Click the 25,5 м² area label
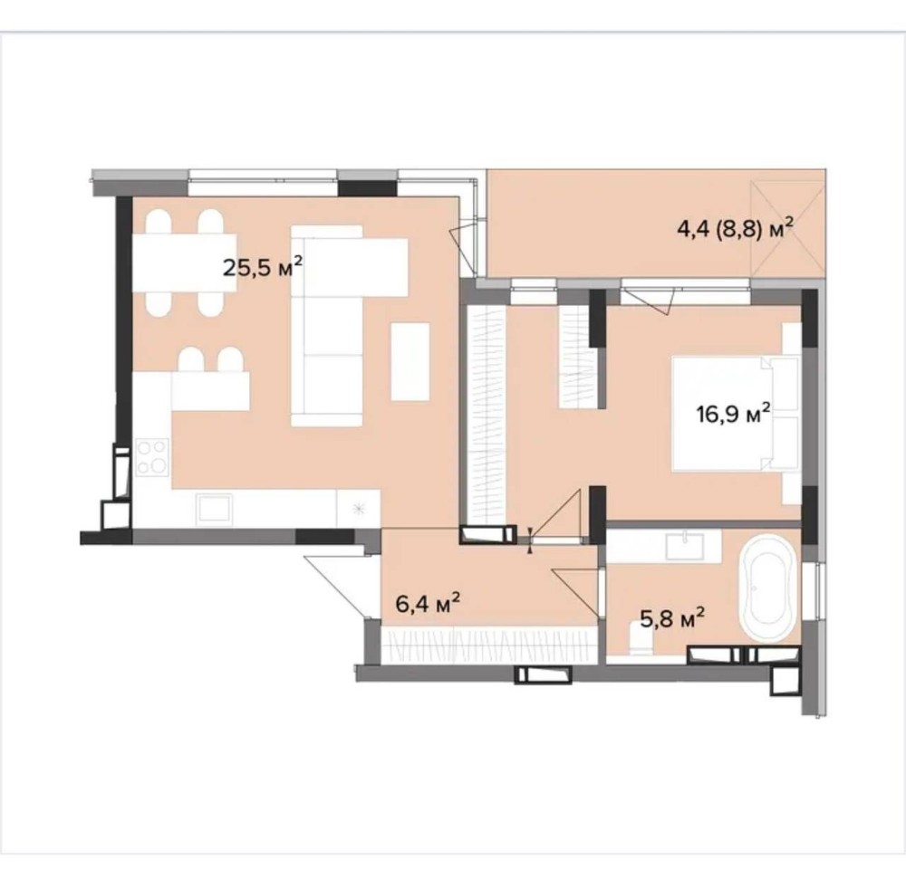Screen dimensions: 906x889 [263, 267]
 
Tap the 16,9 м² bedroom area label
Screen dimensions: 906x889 [733, 414]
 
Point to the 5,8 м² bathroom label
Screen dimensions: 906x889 [672, 619]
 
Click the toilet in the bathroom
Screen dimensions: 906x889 [641, 641]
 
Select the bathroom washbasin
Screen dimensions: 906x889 [685, 546]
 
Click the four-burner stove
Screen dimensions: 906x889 [152, 456]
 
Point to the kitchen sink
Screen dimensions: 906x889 [214, 509]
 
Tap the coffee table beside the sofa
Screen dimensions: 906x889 [410, 361]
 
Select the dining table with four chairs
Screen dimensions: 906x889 [185, 263]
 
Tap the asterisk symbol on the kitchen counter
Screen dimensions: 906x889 [360, 509]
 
